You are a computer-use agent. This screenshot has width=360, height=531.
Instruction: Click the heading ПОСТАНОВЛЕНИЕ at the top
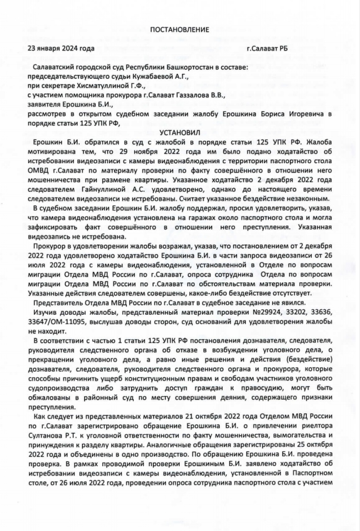pyautogui.click(x=180, y=29)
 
